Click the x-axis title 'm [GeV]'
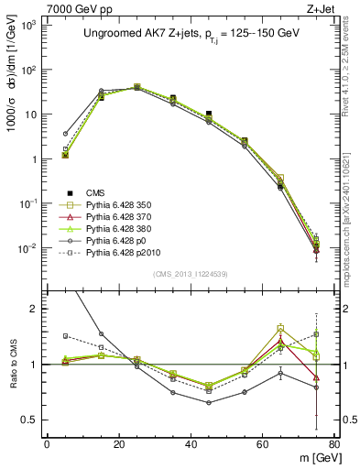314,457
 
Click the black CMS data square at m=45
210,114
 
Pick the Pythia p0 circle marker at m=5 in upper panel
65,134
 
